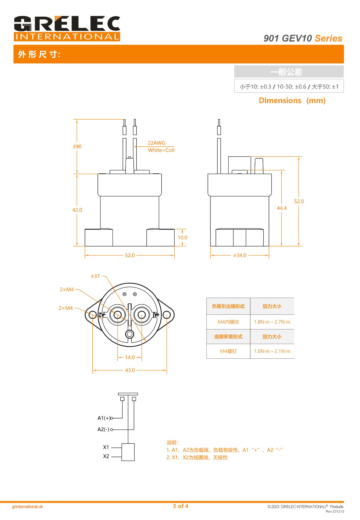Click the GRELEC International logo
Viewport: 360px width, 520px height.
tap(67, 28)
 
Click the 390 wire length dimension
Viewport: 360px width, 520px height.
tap(77, 147)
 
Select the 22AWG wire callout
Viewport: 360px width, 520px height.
tap(156, 143)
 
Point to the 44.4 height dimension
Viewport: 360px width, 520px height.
tap(282, 208)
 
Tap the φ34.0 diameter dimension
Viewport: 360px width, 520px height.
tap(240, 256)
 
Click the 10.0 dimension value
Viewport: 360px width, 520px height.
tap(182, 238)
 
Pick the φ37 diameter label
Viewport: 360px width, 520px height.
tap(95, 276)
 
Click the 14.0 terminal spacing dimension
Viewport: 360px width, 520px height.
tap(130, 357)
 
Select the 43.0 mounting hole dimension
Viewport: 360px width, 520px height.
tap(130, 370)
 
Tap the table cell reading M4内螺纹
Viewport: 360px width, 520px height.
tap(228, 322)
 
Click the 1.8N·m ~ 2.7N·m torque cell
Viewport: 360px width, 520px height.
tap(272, 322)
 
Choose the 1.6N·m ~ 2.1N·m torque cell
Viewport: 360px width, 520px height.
tap(272, 351)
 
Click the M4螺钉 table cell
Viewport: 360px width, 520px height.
tap(228, 351)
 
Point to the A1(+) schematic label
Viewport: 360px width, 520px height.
tap(104, 418)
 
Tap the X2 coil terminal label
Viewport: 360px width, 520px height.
tap(106, 456)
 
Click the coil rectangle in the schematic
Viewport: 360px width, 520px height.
tap(128, 452)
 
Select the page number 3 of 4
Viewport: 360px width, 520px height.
tap(180, 506)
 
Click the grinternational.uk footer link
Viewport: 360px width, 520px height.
tap(27, 507)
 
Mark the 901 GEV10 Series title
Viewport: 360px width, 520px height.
tap(303, 38)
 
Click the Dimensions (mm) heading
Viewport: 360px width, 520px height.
tap(292, 100)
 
